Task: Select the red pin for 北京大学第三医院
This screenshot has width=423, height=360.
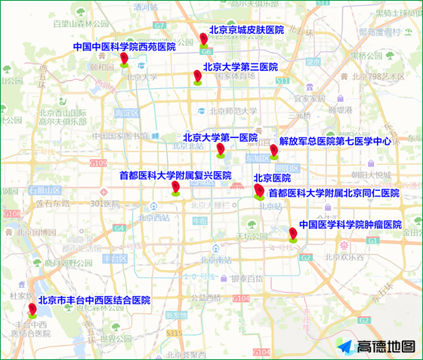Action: [x=197, y=77]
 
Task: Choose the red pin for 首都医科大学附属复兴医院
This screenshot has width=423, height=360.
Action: [x=175, y=187]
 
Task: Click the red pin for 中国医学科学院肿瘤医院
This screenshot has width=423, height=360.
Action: [x=292, y=234]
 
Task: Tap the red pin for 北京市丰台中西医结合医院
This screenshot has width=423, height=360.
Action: [x=32, y=310]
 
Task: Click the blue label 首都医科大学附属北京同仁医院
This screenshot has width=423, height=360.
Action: [x=334, y=193]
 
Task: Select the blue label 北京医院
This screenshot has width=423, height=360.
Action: [x=272, y=178]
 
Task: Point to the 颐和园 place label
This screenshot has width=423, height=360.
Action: [x=101, y=66]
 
